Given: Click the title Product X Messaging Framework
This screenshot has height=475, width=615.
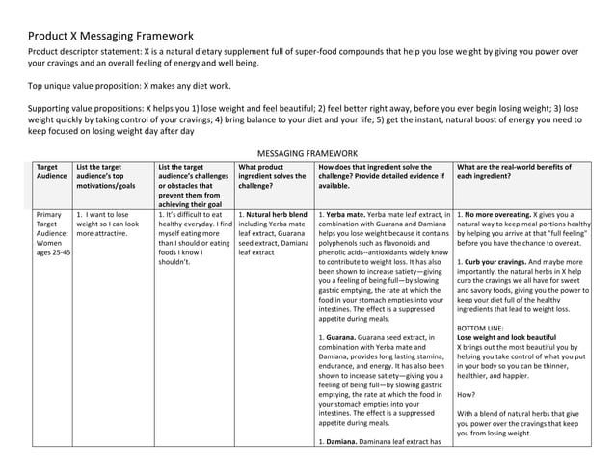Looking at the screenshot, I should (111, 36).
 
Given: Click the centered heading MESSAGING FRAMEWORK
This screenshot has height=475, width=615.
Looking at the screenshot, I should (308, 152).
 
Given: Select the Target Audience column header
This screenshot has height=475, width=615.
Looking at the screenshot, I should (48, 172).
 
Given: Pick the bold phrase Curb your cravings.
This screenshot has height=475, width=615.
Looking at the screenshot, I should (503, 262).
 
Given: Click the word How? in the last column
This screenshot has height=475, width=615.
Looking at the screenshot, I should (466, 395).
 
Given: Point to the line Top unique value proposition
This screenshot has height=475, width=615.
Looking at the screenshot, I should (129, 86).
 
